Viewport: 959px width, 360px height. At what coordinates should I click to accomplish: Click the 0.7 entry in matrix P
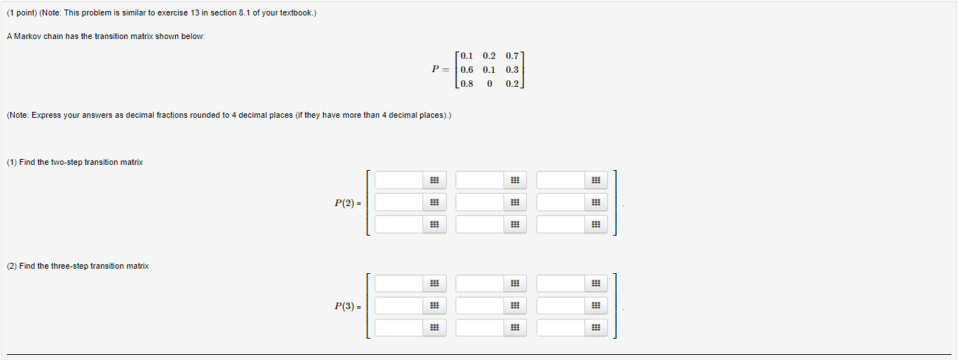[512, 56]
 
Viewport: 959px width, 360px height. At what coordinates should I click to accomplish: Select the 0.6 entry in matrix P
[467, 70]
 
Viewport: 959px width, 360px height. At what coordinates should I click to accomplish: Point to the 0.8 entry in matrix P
[467, 84]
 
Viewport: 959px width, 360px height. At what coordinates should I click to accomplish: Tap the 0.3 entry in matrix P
[512, 70]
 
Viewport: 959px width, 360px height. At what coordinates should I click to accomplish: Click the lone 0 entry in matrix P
[489, 84]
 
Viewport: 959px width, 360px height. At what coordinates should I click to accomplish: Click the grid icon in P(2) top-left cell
[434, 180]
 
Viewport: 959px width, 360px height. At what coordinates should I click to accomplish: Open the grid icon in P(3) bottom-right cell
[595, 328]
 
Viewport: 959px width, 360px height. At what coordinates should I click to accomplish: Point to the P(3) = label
[347, 306]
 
